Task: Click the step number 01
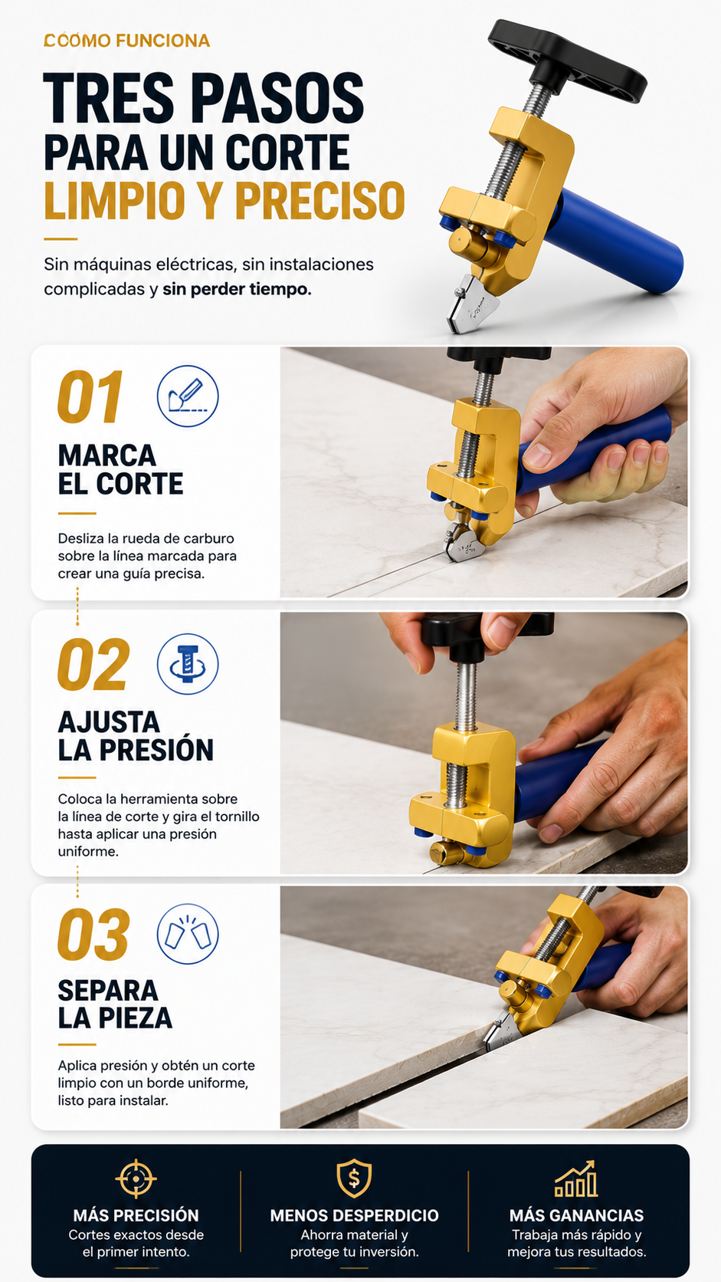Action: pos(90,396)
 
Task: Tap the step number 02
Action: pos(93,664)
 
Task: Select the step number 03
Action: pos(93,934)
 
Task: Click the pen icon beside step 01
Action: pos(188,396)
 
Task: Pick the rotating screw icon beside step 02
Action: pos(188,664)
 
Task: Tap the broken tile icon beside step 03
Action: pos(188,934)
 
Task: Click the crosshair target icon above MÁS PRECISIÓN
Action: pos(136,1178)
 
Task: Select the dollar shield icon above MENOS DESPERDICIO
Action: pos(354,1178)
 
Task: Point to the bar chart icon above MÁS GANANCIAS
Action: pos(575,1178)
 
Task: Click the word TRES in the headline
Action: pos(109,98)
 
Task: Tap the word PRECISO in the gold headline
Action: pos(320,200)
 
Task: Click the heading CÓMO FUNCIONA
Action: pos(126,41)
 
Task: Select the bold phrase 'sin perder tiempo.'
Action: pos(237,289)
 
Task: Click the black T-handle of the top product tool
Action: pos(566,60)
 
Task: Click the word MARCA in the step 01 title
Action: pos(107,456)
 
